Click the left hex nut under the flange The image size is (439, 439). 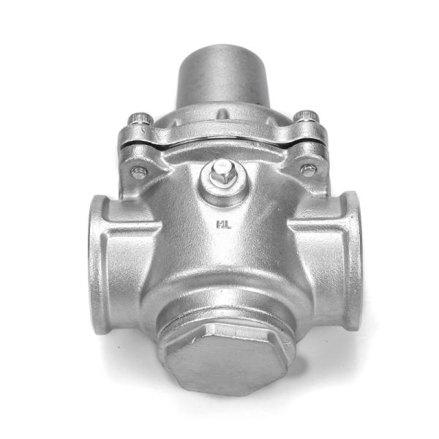tap(138, 173)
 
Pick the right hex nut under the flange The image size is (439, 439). tap(309, 170)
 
